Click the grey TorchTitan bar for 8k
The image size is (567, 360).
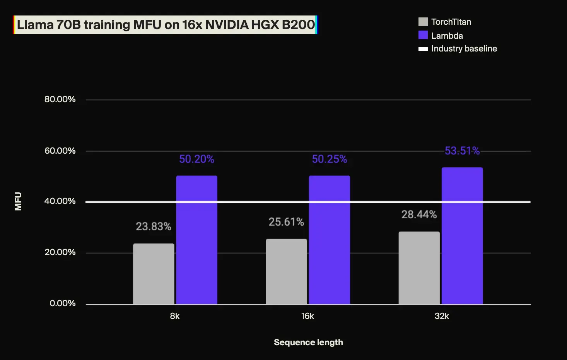coord(154,274)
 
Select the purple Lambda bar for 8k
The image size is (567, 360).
coord(196,240)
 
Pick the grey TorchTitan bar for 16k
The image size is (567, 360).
coord(286,271)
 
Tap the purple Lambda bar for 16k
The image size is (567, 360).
coord(329,240)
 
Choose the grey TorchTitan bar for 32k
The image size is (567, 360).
coord(419,268)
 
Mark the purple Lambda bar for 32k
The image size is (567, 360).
coord(462,236)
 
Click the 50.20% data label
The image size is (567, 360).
coord(196,159)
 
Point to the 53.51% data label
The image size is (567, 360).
coord(462,151)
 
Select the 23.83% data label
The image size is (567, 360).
coord(154,226)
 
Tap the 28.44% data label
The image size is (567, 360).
coord(419,214)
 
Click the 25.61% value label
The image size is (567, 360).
coord(286,222)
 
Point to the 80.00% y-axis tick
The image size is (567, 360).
coord(60,99)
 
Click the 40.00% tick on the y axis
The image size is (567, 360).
coord(60,201)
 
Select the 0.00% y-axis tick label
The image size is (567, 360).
coord(63,303)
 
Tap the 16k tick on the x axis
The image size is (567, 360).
coord(307,316)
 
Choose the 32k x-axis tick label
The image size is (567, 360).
coord(442,316)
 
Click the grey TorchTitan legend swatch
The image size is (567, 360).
coord(423,22)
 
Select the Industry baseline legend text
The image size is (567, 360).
coord(464,49)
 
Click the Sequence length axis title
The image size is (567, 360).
coord(308,343)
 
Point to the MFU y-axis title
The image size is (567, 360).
coord(18,201)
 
